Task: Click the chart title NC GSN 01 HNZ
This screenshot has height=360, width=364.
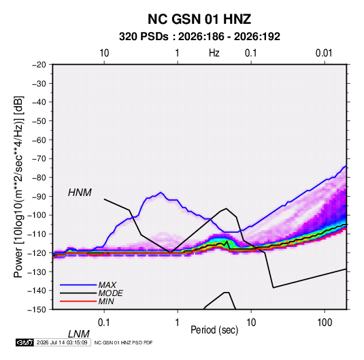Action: [199, 19]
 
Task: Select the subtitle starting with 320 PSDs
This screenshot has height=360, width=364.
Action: [199, 37]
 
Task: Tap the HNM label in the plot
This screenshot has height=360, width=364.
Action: [80, 193]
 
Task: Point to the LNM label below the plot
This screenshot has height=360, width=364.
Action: [79, 334]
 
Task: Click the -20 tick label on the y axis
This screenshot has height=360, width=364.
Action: [39, 65]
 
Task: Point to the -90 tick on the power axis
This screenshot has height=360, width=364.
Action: [39, 197]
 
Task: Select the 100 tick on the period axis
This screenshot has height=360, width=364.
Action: [325, 323]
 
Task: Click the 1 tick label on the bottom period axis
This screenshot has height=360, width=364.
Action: [178, 323]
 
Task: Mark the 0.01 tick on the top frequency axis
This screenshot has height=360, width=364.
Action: [324, 53]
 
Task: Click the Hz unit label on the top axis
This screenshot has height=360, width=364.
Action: [214, 53]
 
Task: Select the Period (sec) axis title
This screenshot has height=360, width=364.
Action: [214, 330]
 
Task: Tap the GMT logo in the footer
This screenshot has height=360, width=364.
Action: [24, 342]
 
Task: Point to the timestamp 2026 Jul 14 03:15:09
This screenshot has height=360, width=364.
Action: [62, 342]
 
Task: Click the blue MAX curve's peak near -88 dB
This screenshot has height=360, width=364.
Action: [161, 193]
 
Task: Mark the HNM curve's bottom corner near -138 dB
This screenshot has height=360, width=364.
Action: [274, 288]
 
